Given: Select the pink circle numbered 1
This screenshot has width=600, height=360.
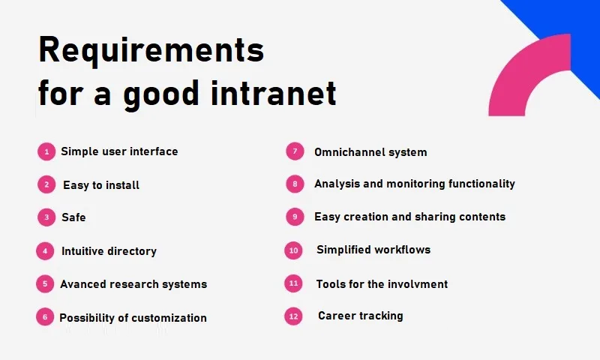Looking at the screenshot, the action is click(46, 152).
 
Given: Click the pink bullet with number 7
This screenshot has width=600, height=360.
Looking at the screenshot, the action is click(295, 151).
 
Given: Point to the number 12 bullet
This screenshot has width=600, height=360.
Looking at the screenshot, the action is click(293, 316).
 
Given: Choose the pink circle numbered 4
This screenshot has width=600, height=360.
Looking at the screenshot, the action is click(45, 251).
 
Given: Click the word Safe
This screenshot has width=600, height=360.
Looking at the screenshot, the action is click(73, 217).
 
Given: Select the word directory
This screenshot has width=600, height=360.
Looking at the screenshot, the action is click(132, 251).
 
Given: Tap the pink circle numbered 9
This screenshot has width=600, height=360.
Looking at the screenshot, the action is click(295, 217).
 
